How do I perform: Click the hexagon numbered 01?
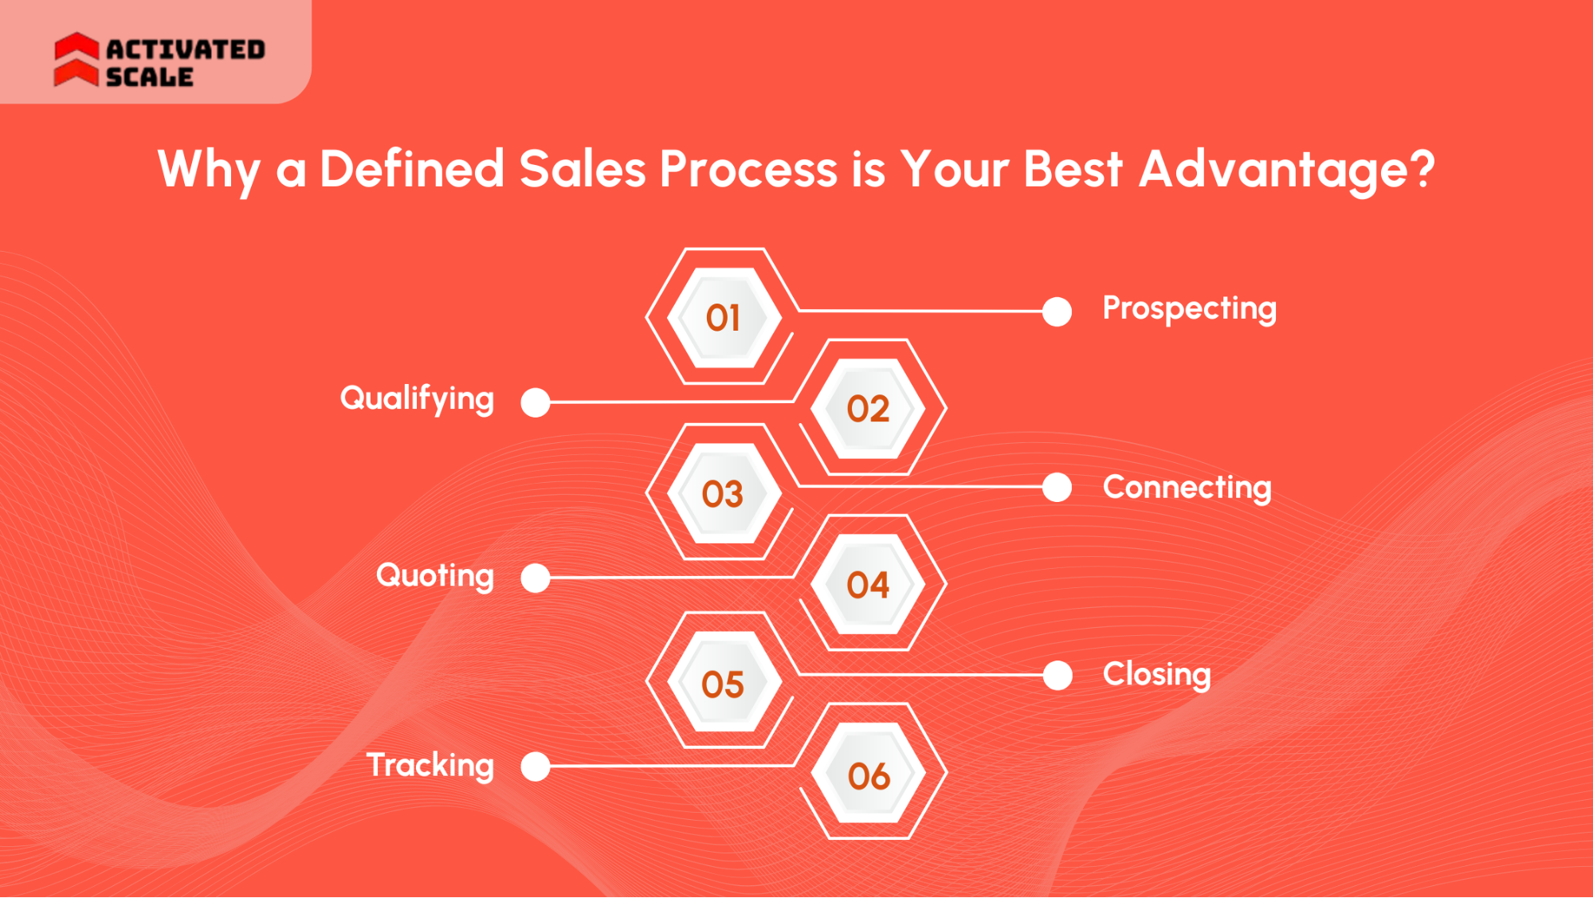pyautogui.click(x=723, y=318)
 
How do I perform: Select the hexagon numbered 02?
pyautogui.click(x=868, y=409)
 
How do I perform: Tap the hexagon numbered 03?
pyautogui.click(x=723, y=494)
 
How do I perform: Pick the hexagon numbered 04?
pyautogui.click(x=868, y=585)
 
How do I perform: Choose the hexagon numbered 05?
pyautogui.click(x=723, y=684)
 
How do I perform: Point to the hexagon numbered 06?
pyautogui.click(x=869, y=775)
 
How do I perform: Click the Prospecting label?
pyautogui.click(x=1189, y=309)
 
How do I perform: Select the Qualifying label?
pyautogui.click(x=417, y=398)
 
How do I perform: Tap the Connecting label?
pyautogui.click(x=1187, y=488)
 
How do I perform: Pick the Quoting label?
pyautogui.click(x=435, y=575)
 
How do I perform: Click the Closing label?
pyautogui.click(x=1156, y=675)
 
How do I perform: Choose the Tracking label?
pyautogui.click(x=430, y=766)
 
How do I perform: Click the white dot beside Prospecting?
pyautogui.click(x=1057, y=312)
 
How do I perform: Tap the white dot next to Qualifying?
pyautogui.click(x=536, y=402)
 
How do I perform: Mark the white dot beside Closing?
pyautogui.click(x=1057, y=676)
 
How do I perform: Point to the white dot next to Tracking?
pyautogui.click(x=536, y=767)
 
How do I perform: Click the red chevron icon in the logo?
pyautogui.click(x=77, y=59)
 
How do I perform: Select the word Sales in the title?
pyautogui.click(x=583, y=170)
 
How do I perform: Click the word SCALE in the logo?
pyautogui.click(x=150, y=77)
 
